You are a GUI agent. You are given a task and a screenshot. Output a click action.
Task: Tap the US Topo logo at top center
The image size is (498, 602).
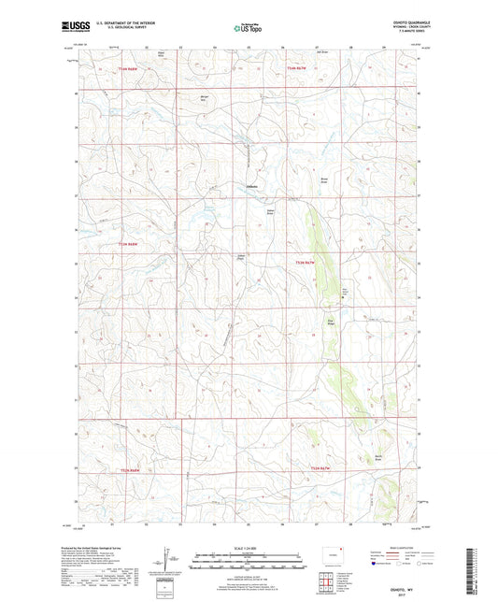pyautogui.click(x=249, y=27)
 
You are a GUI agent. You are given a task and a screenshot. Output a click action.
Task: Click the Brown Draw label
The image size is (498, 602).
pyautogui.click(x=327, y=178)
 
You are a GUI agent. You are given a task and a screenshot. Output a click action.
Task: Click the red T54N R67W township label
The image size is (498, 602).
pyautogui.click(x=297, y=69)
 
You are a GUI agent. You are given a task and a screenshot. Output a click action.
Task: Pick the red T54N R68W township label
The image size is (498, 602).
pyautogui.click(x=128, y=69)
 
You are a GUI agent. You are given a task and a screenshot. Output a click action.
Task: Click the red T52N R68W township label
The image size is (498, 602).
pyautogui.click(x=128, y=468)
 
